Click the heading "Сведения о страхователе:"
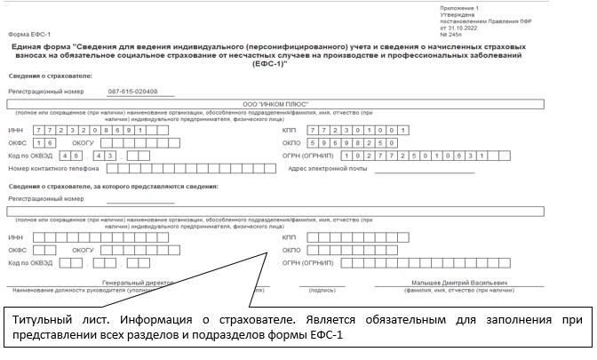41,76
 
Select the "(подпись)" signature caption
321,291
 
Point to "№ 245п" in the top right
450,33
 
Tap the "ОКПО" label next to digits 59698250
290,142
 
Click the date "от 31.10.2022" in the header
459,27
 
